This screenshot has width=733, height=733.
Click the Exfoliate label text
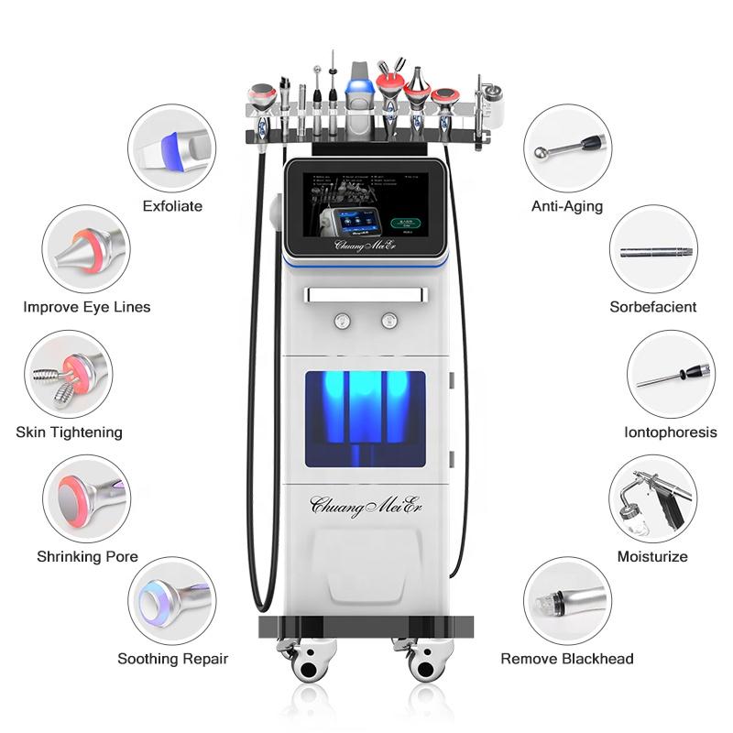tap(172, 206)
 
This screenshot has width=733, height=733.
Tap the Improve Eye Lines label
tap(87, 307)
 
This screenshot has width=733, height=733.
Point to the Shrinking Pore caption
tap(87, 556)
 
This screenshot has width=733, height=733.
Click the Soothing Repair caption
tap(172, 659)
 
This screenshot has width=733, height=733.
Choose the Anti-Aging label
tap(567, 206)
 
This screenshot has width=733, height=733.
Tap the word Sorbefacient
tap(653, 307)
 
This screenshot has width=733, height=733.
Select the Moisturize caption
tap(652, 556)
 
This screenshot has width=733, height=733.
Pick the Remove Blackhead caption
tap(567, 659)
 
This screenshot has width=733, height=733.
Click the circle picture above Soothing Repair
tap(171, 601)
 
